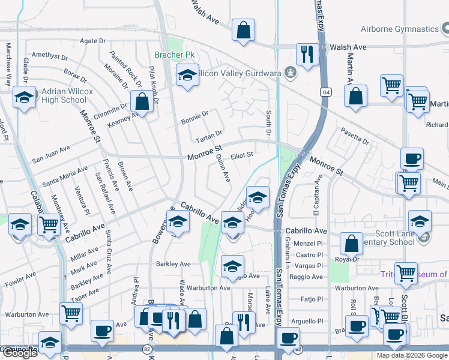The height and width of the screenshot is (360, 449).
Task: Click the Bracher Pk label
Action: [175, 55]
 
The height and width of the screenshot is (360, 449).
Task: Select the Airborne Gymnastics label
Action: [400, 29]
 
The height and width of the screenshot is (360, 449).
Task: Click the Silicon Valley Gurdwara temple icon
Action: [291, 73]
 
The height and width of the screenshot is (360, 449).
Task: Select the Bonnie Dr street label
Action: [194, 117]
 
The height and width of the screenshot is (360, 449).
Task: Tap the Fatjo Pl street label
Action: [312, 299]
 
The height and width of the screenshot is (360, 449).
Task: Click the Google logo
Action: [20, 353]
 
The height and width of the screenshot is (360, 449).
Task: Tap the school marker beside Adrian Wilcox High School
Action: [24, 98]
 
